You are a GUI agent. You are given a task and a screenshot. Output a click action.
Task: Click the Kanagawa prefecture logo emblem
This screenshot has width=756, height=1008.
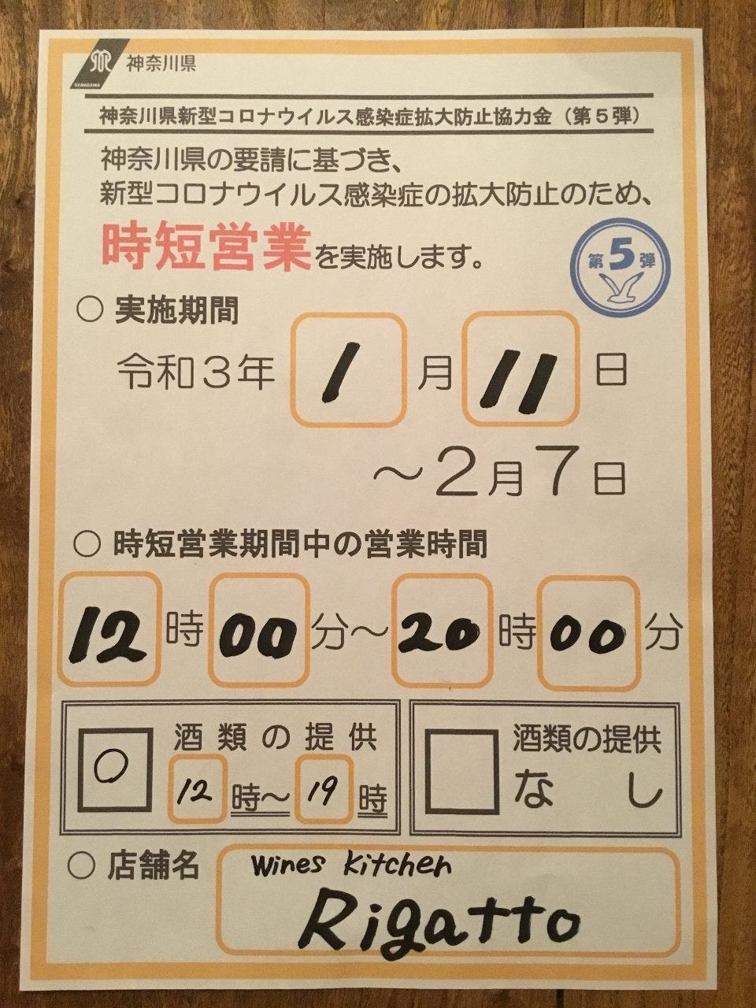click(x=95, y=65)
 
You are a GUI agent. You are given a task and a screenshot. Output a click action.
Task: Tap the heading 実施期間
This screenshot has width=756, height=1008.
click(x=176, y=312)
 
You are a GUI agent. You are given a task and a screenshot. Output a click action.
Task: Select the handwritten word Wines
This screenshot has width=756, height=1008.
click(x=287, y=866)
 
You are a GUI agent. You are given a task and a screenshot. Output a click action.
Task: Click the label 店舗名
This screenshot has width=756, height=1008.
click(x=153, y=865)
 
